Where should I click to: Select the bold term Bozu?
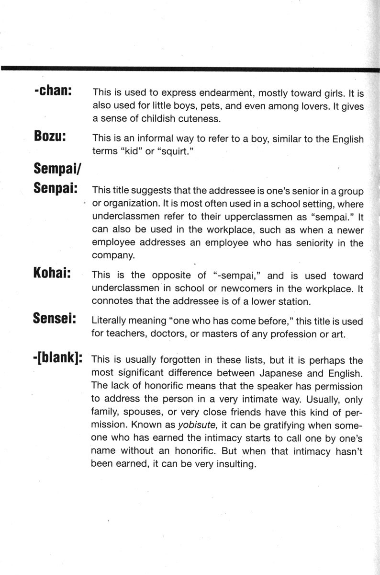pos(50,136)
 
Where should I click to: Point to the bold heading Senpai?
pos(56,188)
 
